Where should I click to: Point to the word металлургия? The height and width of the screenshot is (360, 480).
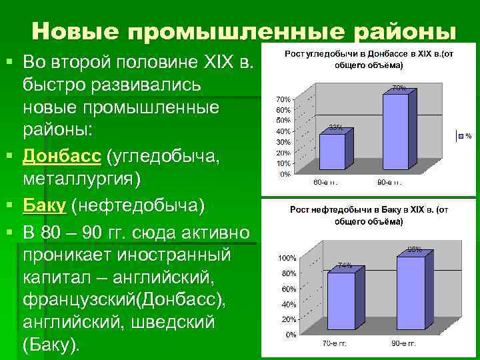click(79, 179)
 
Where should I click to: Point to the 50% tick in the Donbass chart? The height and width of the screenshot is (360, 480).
click(283, 120)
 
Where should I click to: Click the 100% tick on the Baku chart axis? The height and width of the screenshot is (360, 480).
click(287, 257)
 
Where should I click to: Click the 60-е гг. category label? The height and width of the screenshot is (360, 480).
click(326, 181)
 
